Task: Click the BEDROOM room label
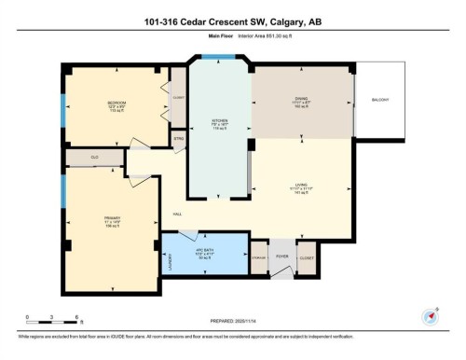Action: pos(116,103)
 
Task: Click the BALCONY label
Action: pos(381,100)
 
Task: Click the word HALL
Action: pos(177,215)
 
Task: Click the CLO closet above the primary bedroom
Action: pos(95,158)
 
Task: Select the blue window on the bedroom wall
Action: pos(62,104)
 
